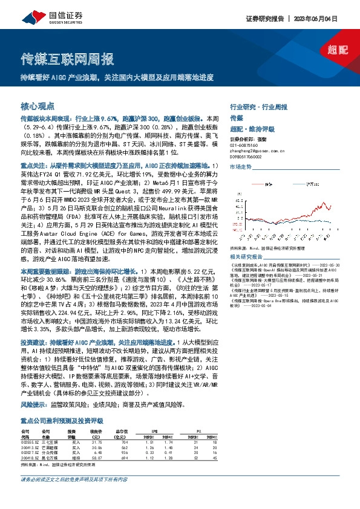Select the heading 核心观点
(38, 105)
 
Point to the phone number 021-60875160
(246, 146)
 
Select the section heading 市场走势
(241, 165)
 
